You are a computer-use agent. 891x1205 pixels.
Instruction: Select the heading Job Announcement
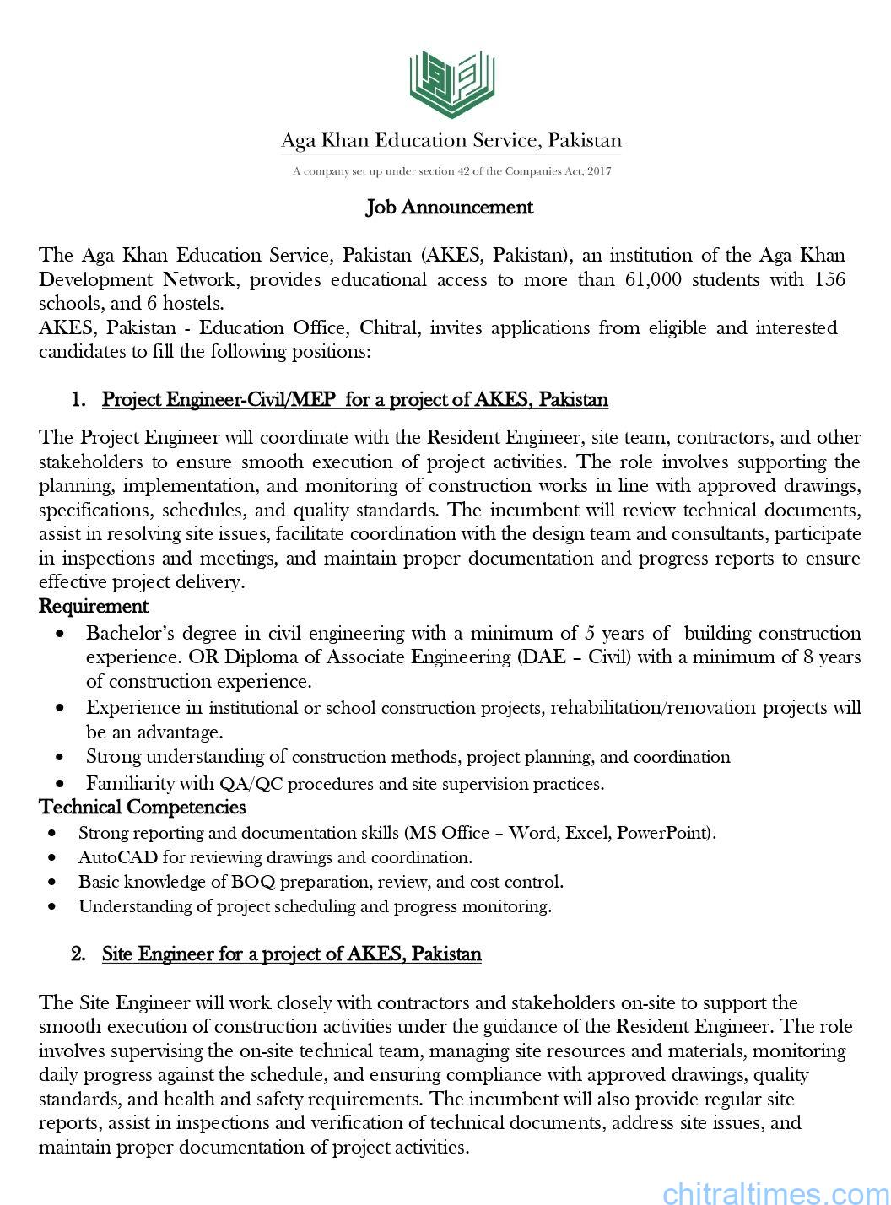(449, 207)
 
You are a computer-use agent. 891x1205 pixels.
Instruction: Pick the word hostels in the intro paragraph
(193, 303)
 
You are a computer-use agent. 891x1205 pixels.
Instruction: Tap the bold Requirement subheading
(94, 606)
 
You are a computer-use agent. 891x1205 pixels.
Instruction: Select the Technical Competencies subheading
(143, 808)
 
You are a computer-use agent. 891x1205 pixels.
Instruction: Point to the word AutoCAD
(112, 857)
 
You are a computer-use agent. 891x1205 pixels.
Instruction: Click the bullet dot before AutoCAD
(54, 858)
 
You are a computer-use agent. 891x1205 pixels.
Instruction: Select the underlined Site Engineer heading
(291, 954)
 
